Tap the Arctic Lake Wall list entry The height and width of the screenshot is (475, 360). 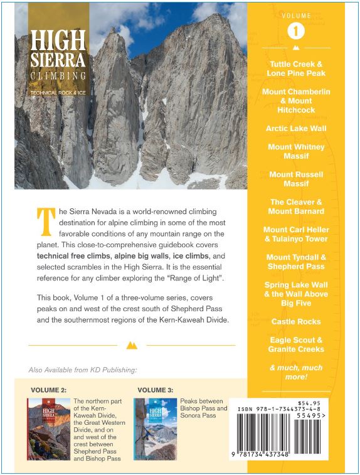tap(296, 128)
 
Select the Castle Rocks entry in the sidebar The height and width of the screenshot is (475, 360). tap(296, 321)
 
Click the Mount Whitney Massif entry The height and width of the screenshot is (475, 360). tap(296, 151)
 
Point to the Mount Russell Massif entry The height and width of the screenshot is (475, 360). tap(296, 179)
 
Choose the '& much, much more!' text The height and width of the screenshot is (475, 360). tap(296, 371)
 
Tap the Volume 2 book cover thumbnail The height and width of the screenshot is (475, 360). tap(48, 429)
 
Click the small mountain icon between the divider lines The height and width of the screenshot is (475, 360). tap(132, 345)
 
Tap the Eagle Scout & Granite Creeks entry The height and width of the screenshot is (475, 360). tap(296, 344)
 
